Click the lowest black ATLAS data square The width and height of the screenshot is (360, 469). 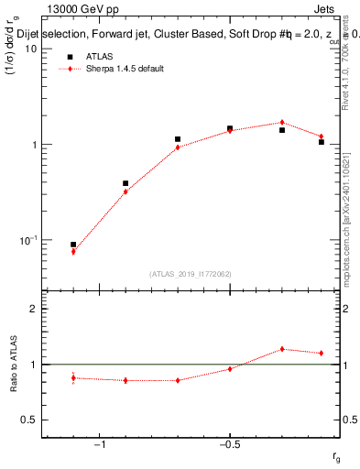[73, 245]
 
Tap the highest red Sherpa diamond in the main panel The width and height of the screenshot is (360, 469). [282, 122]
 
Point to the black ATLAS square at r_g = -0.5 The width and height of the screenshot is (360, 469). [230, 128]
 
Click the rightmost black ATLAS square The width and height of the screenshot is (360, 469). [322, 142]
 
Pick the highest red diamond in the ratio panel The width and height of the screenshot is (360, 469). [282, 349]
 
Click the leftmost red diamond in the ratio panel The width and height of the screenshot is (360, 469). [73, 377]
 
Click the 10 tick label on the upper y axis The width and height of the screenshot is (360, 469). [30, 49]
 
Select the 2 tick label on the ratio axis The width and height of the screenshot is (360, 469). [34, 309]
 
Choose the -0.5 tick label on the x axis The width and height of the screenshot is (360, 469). [229, 444]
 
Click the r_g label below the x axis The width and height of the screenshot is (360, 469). [336, 456]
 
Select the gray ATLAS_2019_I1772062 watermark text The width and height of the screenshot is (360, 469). [190, 273]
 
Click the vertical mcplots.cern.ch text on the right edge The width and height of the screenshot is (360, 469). [349, 229]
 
